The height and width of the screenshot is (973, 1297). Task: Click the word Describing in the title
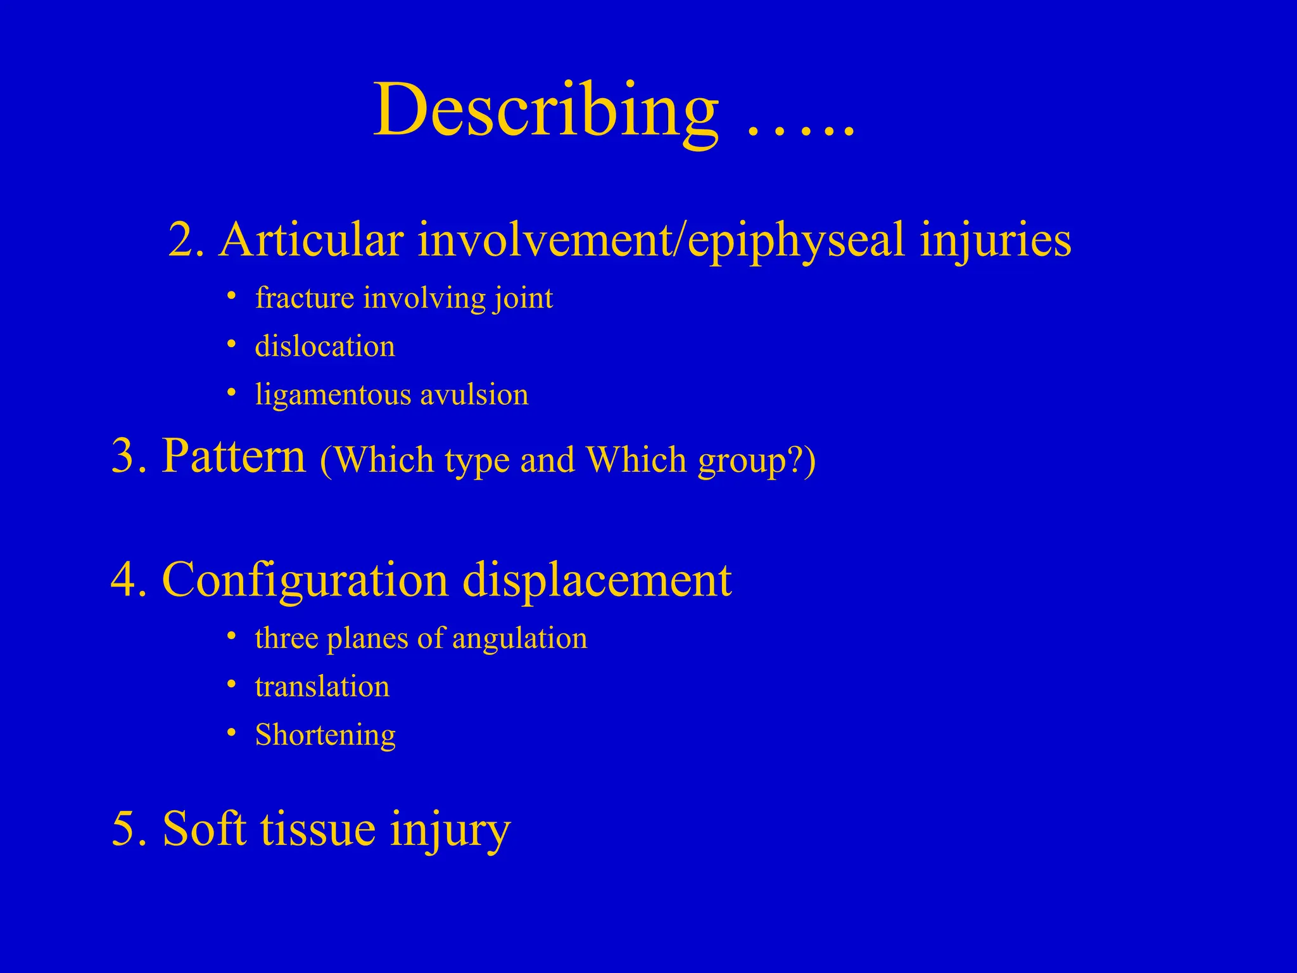pos(546,111)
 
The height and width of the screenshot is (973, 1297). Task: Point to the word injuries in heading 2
pos(996,241)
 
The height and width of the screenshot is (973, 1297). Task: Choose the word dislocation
pos(325,347)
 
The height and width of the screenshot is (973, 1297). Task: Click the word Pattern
pos(233,456)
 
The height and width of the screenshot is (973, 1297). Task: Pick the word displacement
pos(597,580)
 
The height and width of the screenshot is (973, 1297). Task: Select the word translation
pos(322,687)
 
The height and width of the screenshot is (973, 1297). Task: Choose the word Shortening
pos(325,735)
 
